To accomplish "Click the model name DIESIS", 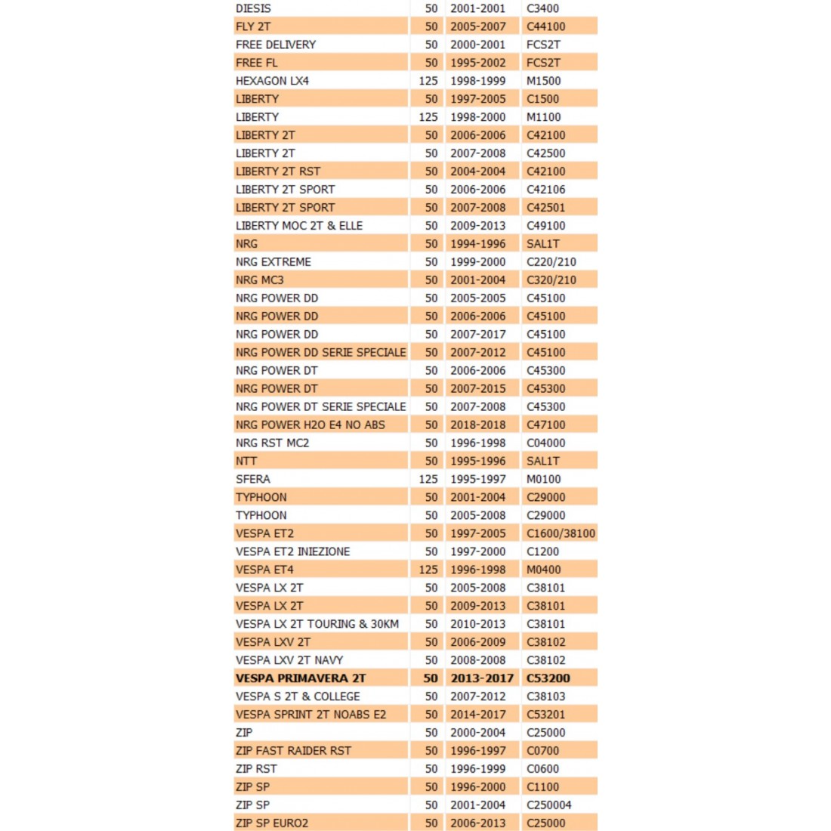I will click(x=253, y=8).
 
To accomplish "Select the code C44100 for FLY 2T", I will click(x=545, y=26).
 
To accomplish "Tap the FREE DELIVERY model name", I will click(x=276, y=45).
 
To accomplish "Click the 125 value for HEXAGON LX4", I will click(x=428, y=81).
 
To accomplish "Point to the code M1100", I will click(x=543, y=117).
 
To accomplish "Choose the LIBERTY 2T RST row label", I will click(x=278, y=171).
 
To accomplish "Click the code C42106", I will click(x=545, y=190).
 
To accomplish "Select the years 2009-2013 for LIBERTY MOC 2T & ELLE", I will click(x=477, y=226).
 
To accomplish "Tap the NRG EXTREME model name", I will click(x=273, y=262).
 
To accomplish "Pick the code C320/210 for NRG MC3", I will click(x=551, y=280).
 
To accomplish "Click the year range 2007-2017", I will click(x=477, y=335).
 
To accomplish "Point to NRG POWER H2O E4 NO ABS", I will click(x=310, y=425).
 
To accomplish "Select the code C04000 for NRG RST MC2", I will click(x=545, y=443).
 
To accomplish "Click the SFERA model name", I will click(x=253, y=479).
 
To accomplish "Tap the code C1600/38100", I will click(x=561, y=533).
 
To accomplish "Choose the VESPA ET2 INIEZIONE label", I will click(x=293, y=551).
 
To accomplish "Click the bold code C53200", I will click(x=548, y=678).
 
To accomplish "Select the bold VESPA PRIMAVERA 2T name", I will click(x=301, y=678).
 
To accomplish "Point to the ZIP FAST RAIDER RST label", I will click(x=293, y=751).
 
